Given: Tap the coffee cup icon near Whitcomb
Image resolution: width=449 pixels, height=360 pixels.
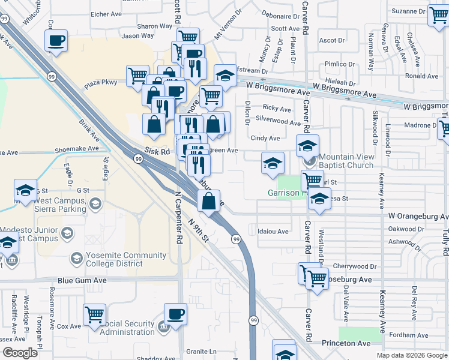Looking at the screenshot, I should [x=56, y=41].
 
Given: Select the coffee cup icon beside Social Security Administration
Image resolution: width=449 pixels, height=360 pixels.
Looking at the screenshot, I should [x=175, y=314].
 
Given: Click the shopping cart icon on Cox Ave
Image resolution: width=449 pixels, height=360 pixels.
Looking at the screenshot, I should [x=95, y=314].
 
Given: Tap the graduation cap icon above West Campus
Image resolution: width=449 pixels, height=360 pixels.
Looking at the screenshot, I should [x=26, y=191].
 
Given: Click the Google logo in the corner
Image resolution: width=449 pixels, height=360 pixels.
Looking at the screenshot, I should [x=20, y=352].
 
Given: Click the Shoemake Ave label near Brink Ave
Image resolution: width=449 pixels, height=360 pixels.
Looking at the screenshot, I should [x=76, y=148].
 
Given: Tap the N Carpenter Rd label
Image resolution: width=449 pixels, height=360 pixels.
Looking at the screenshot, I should [x=178, y=218].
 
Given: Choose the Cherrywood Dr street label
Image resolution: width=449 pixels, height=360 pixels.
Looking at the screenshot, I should [x=354, y=266].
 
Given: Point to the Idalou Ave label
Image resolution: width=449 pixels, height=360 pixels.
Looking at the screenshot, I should [x=273, y=231].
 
